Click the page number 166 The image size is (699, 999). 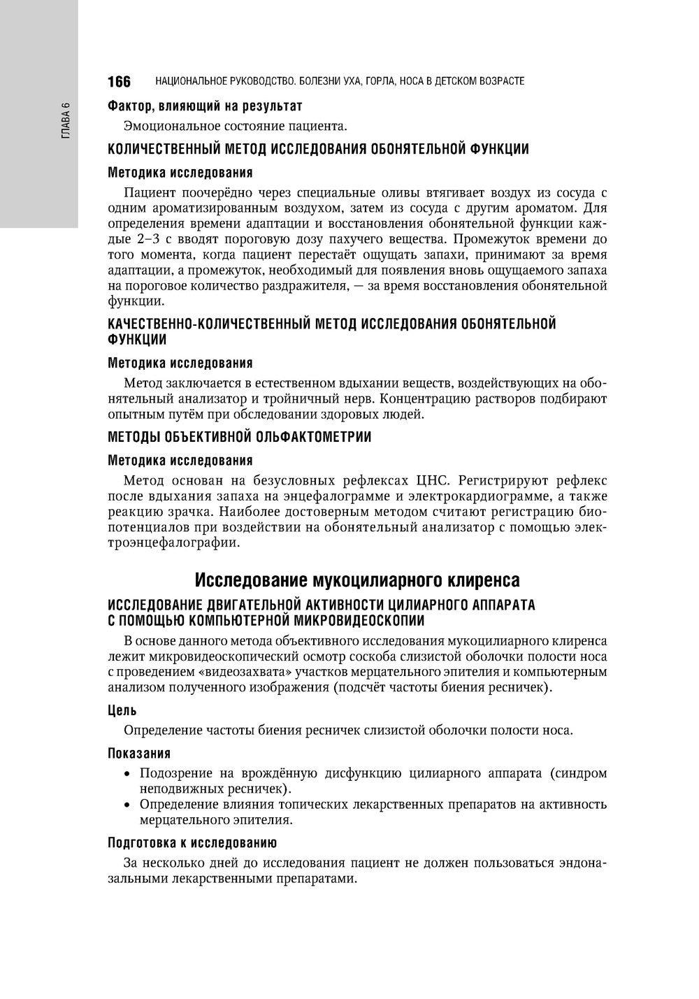tap(120, 82)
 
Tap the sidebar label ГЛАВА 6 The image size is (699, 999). tap(66, 120)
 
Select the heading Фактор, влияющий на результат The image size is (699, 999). tap(205, 106)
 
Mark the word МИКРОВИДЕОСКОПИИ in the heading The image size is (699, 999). tap(357, 620)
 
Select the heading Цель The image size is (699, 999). tap(122, 710)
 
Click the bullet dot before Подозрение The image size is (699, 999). tap(127, 774)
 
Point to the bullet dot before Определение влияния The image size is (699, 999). tap(127, 805)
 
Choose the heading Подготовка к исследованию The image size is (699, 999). tap(192, 842)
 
